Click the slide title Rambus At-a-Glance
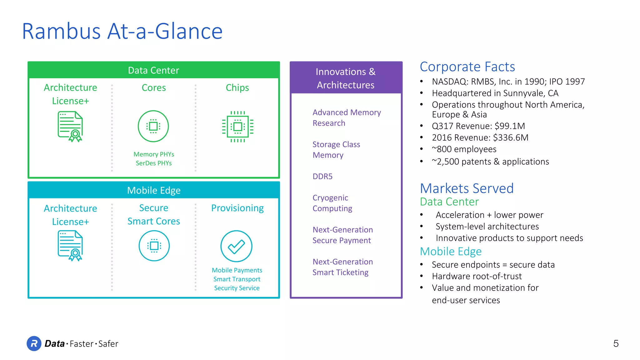pyautogui.click(x=122, y=31)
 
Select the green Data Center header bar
pyautogui.click(x=153, y=70)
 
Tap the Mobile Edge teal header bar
pyautogui.click(x=153, y=190)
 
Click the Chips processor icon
pyautogui.click(x=237, y=127)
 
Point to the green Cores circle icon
pyautogui.click(x=153, y=126)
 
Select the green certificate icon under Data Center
pyautogui.click(x=70, y=127)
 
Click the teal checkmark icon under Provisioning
pyautogui.click(x=236, y=246)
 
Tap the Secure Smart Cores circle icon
pyautogui.click(x=154, y=246)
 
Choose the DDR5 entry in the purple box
pyautogui.click(x=322, y=177)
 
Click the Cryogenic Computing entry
pyautogui.click(x=332, y=203)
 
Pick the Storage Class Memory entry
pyautogui.click(x=336, y=150)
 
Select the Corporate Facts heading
pyautogui.click(x=467, y=67)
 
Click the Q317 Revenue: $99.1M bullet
pyautogui.click(x=478, y=126)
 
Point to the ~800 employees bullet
pyautogui.click(x=464, y=149)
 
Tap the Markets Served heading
pyautogui.click(x=467, y=188)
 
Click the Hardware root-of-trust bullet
pyautogui.click(x=477, y=276)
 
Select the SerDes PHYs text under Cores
pyautogui.click(x=153, y=163)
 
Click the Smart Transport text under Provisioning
pyautogui.click(x=237, y=279)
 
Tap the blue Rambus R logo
pyautogui.click(x=34, y=343)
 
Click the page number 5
pyautogui.click(x=616, y=343)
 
